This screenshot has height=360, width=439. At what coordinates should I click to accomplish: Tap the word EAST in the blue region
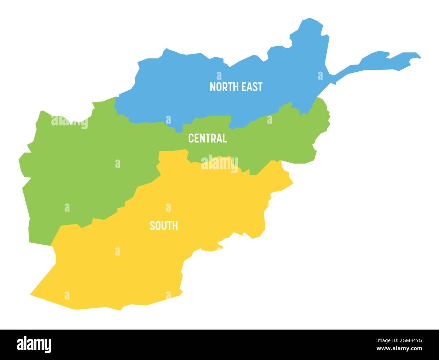[252, 87]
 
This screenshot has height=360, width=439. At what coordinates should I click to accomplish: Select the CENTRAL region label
[207, 138]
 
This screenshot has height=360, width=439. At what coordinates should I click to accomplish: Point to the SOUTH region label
[164, 226]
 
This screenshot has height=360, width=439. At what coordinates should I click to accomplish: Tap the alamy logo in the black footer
[34, 344]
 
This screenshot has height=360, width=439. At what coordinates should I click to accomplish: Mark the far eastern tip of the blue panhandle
[420, 57]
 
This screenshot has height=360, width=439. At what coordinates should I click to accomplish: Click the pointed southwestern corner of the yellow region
[31, 294]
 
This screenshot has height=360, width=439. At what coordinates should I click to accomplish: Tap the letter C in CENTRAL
[191, 138]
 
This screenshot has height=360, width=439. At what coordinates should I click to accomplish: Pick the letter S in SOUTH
[152, 226]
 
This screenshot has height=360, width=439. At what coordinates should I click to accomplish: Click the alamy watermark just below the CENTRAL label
[219, 164]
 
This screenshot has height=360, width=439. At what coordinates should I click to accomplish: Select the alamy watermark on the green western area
[70, 123]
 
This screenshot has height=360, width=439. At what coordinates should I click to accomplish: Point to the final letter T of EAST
[260, 87]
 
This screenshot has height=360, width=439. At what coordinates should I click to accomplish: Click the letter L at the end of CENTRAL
[225, 138]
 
